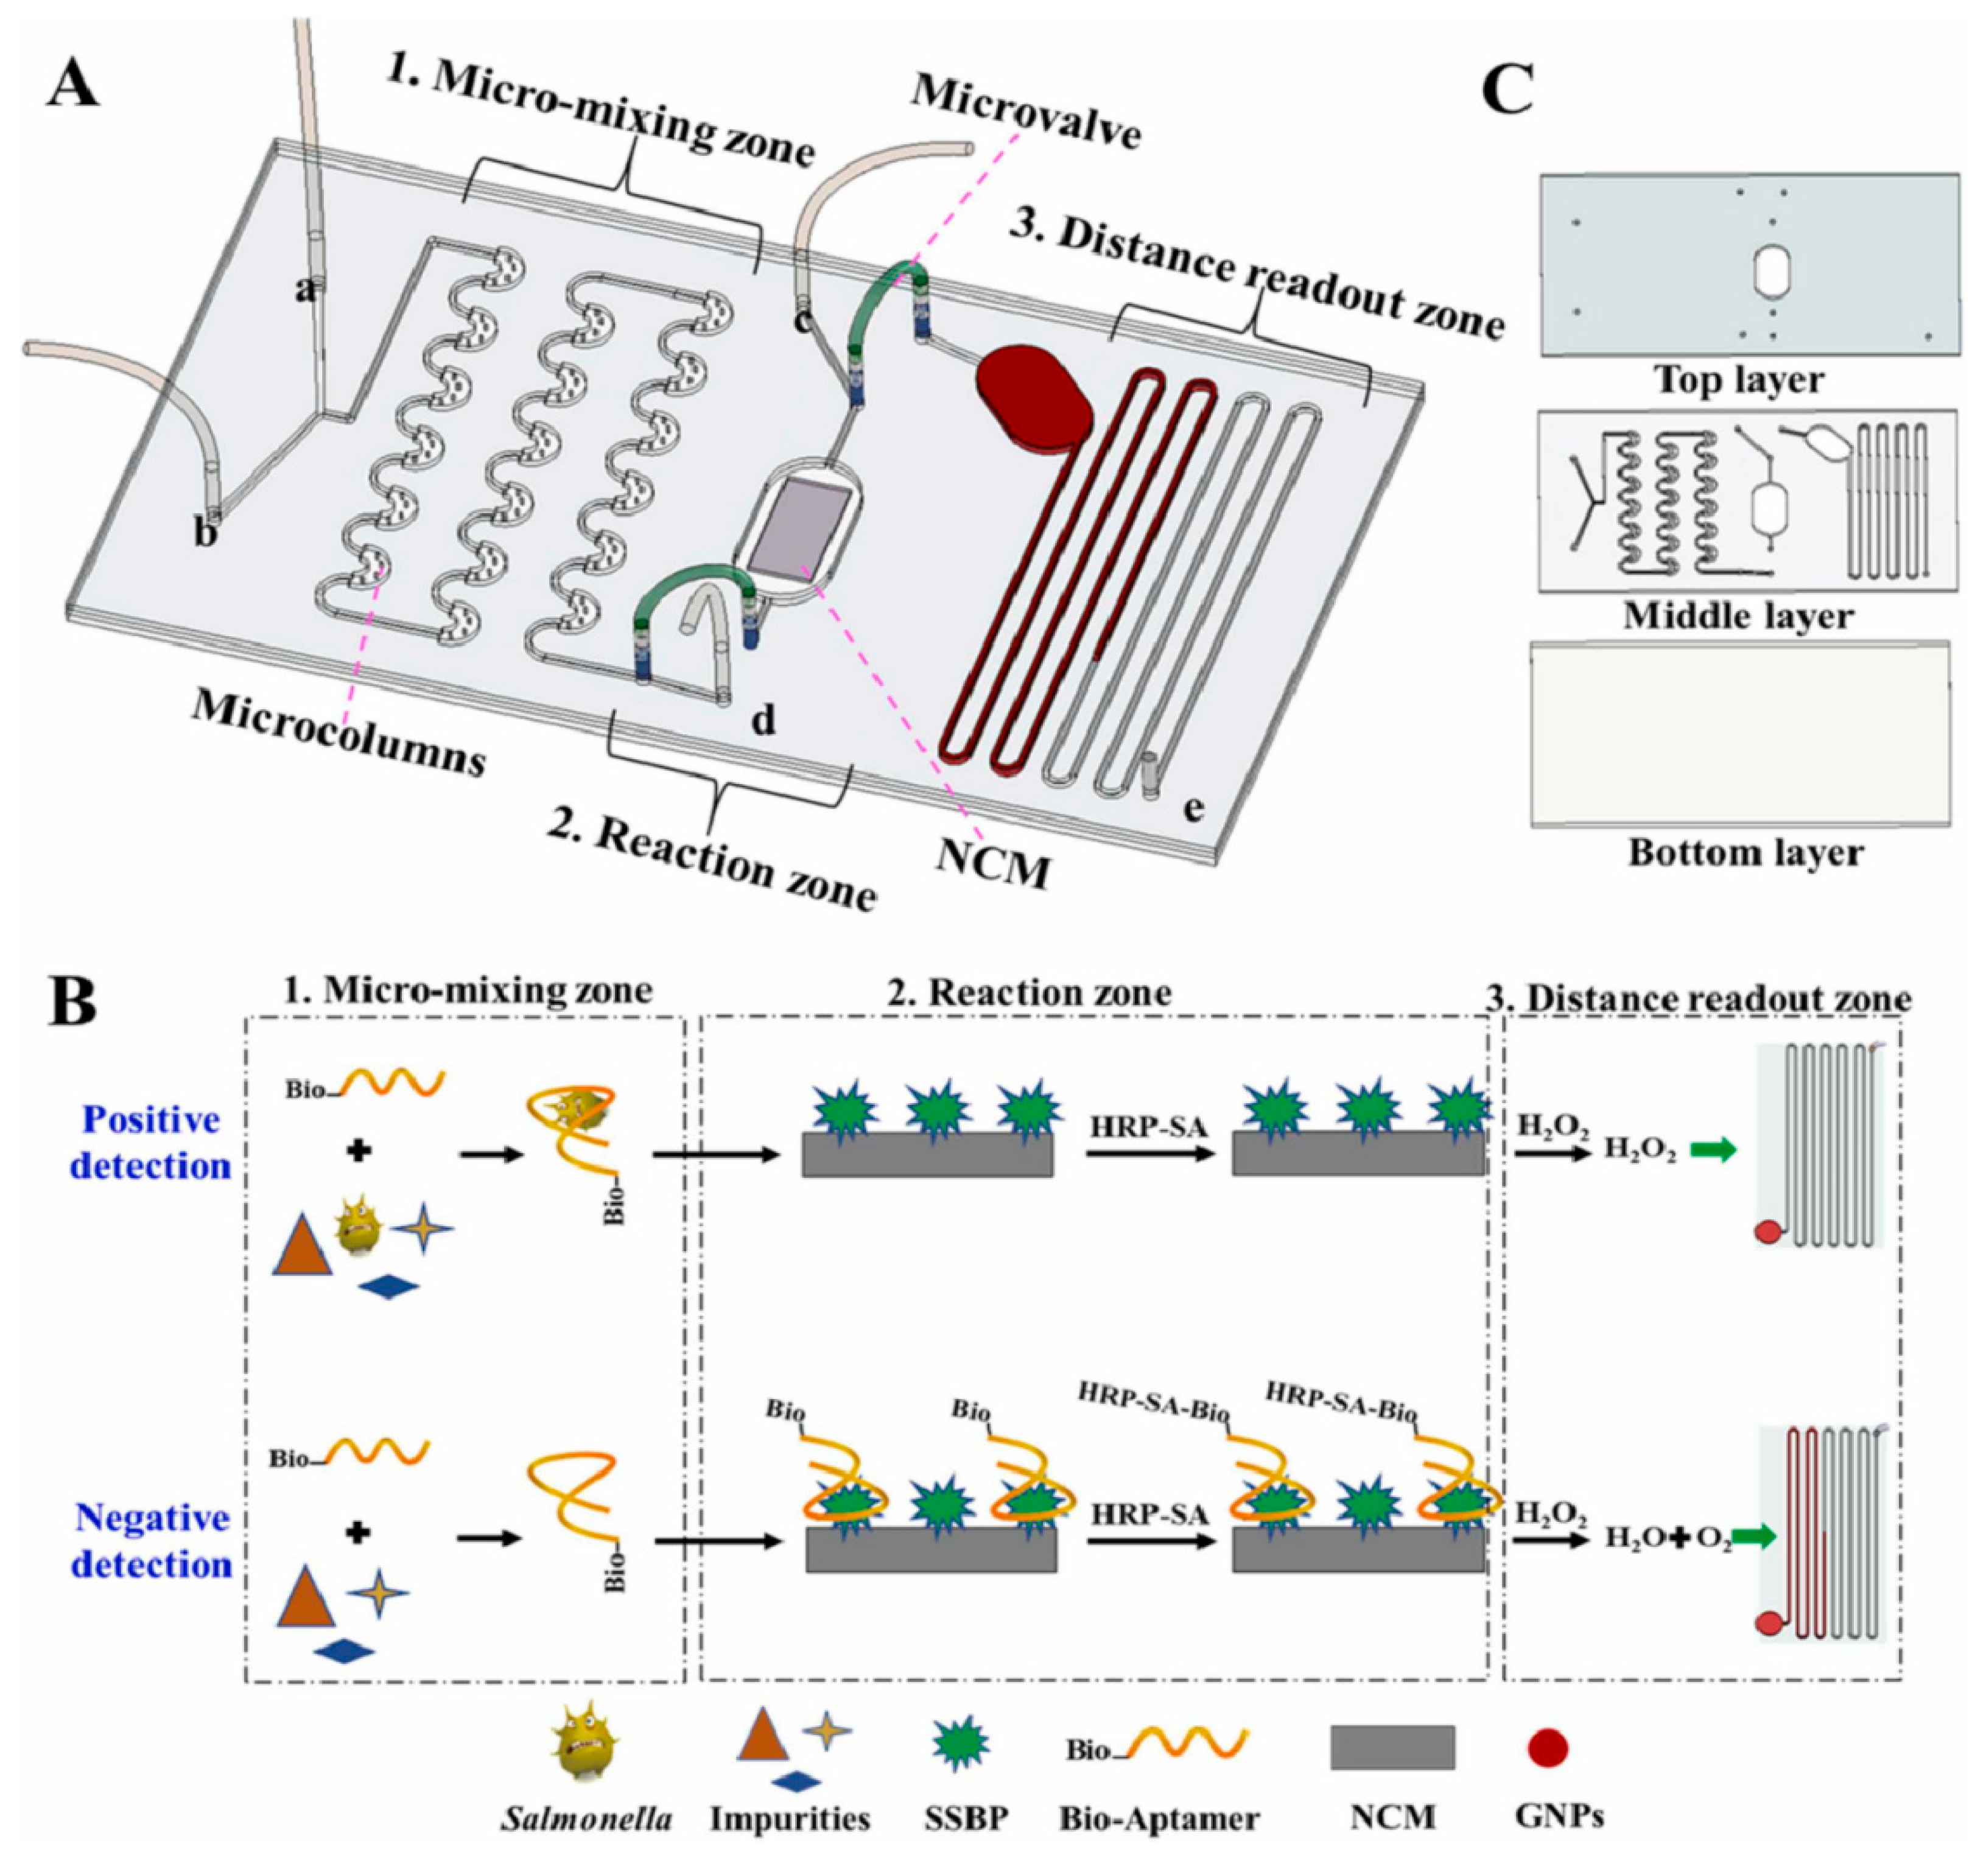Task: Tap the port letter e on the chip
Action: coord(1192,809)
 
